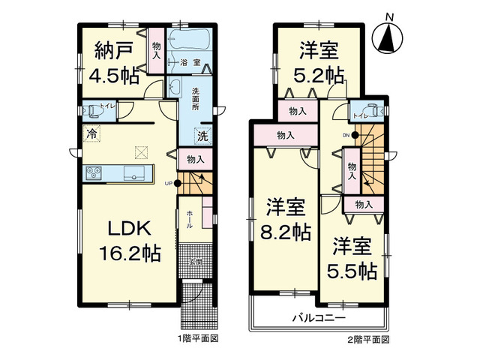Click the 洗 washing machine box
click(x=202, y=136)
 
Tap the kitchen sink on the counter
click(x=135, y=174)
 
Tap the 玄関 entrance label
click(x=195, y=262)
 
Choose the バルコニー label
click(x=318, y=318)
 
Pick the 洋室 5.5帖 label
click(x=352, y=259)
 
